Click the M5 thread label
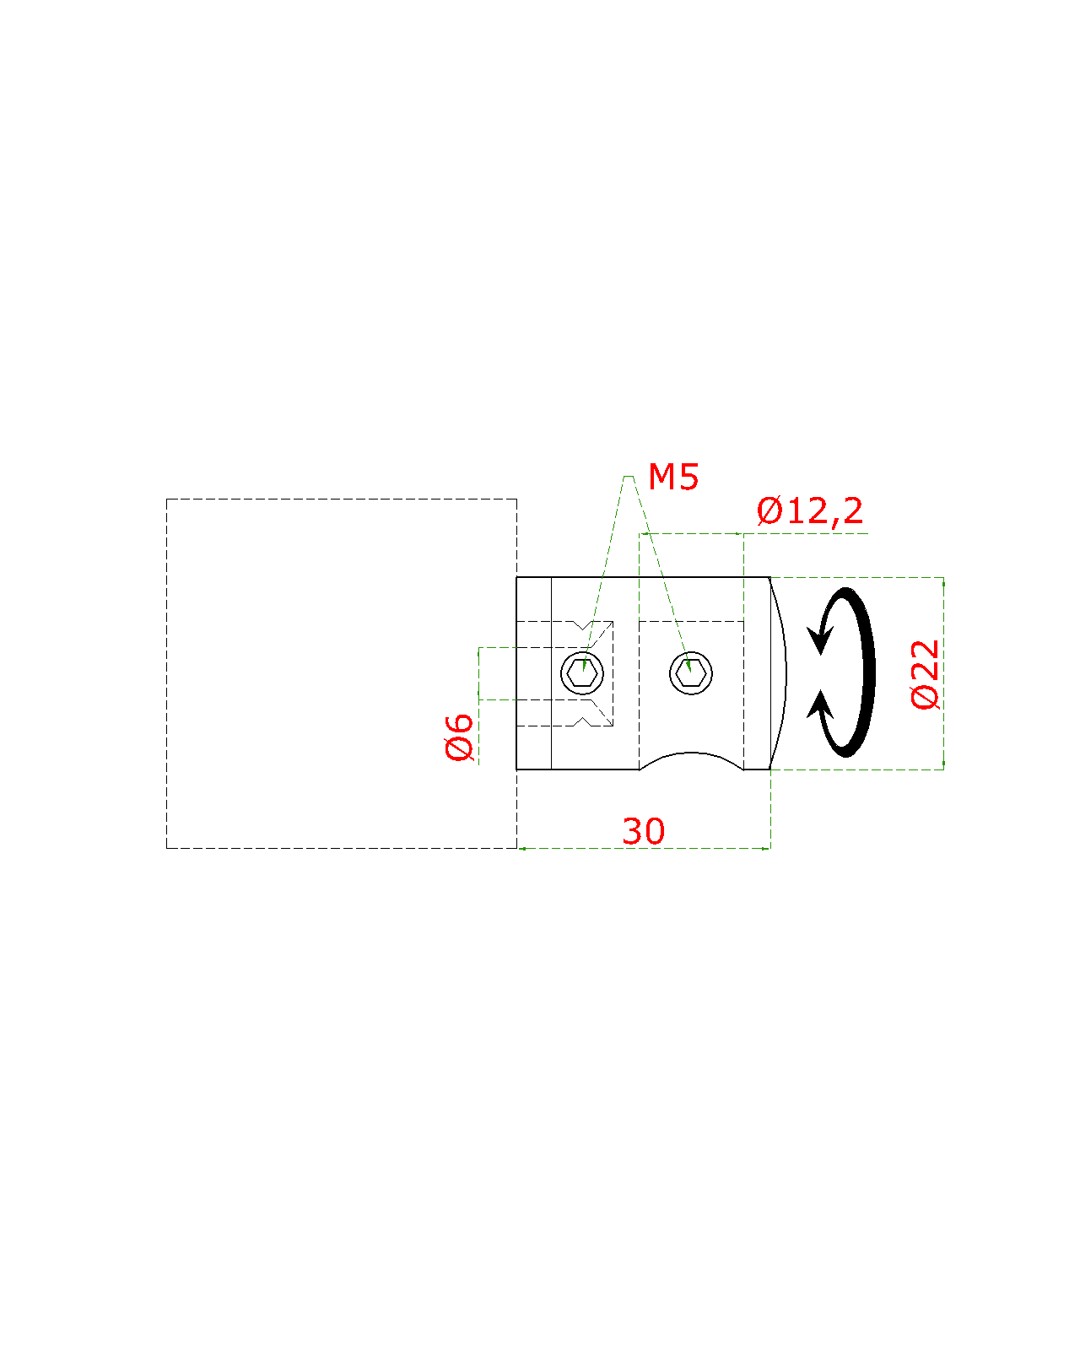pyautogui.click(x=673, y=478)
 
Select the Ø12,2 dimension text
pyautogui.click(x=810, y=511)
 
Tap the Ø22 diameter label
pyautogui.click(x=926, y=674)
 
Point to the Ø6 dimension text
pyautogui.click(x=460, y=737)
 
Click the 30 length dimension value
pyautogui.click(x=644, y=832)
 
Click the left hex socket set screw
pyautogui.click(x=582, y=672)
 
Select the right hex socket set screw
pyautogui.click(x=691, y=672)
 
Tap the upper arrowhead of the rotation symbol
pyautogui.click(x=818, y=641)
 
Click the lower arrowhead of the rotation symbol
pyautogui.click(x=819, y=704)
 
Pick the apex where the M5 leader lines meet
pyautogui.click(x=628, y=477)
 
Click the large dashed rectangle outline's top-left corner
pyautogui.click(x=167, y=499)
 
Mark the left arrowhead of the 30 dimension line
pyautogui.click(x=521, y=848)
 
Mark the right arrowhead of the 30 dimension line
pyautogui.click(x=766, y=848)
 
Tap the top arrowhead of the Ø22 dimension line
pyautogui.click(x=943, y=581)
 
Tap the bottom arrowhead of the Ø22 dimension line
pyautogui.click(x=943, y=765)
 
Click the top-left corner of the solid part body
pyautogui.click(x=517, y=578)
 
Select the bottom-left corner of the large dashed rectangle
pyautogui.click(x=167, y=848)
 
